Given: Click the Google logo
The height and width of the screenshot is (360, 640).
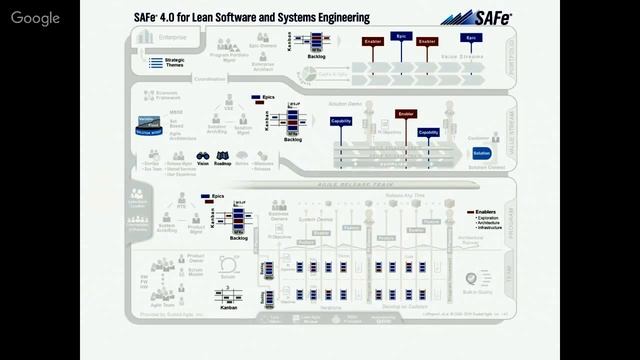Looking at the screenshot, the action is click(36, 18).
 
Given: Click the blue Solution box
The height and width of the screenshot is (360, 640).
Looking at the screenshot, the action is click(481, 153).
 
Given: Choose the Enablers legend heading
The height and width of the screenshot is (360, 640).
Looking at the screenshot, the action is click(491, 212).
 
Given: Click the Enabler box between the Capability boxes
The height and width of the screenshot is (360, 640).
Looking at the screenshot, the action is click(406, 114).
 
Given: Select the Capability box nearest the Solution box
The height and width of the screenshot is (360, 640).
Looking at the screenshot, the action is click(428, 132).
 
